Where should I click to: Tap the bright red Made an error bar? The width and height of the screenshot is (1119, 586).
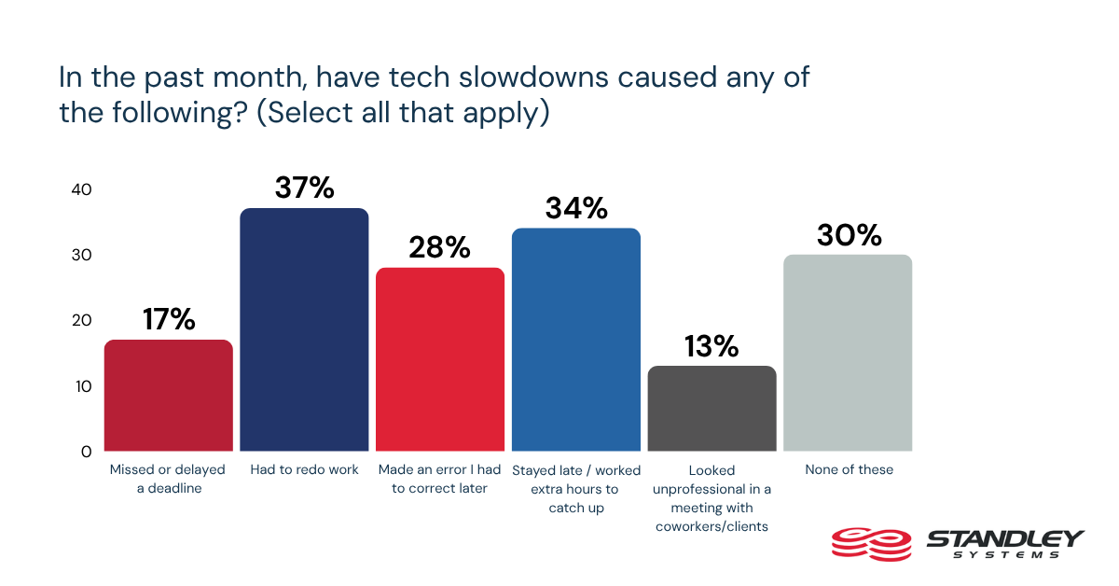coord(440,359)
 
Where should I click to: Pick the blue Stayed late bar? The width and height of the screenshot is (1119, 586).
coord(575,340)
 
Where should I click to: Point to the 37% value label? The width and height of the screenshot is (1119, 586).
coord(304,188)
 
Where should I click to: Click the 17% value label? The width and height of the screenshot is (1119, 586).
coord(169,320)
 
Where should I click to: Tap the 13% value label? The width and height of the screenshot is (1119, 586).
coord(711,346)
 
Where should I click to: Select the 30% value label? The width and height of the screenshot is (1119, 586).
coord(848,235)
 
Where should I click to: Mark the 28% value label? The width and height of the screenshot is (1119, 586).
coord(440,248)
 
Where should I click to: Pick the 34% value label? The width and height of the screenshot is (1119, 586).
coord(575,208)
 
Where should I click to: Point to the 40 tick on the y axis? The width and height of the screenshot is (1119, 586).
coord(81,189)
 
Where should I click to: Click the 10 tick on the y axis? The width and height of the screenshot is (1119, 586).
coord(81,385)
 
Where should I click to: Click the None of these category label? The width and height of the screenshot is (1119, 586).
coord(848,470)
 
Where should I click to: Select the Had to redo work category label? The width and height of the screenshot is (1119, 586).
coord(304,470)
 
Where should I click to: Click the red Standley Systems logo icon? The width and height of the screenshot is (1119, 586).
coord(870,542)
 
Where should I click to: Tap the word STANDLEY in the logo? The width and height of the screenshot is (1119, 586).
coord(1004,538)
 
